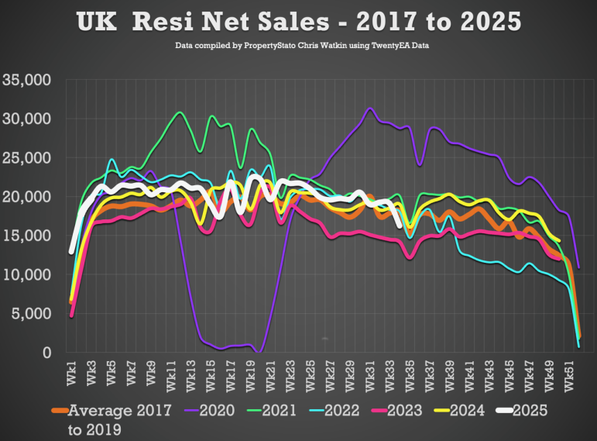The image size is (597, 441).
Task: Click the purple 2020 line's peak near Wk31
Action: pos(370,109)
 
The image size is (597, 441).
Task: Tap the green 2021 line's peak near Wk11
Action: pos(180,112)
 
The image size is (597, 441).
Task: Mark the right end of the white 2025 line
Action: pos(399,226)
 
